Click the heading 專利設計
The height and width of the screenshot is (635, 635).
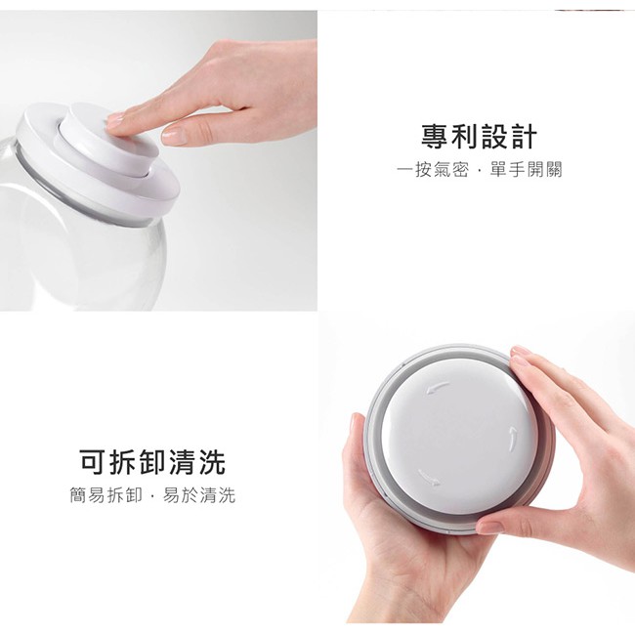coord(479,137)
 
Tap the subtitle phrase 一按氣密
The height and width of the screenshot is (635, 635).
coord(433,170)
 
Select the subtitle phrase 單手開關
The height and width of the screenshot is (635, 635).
coord(526,170)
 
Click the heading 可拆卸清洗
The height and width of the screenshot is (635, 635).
coord(152,462)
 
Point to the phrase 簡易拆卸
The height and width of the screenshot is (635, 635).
coord(106,495)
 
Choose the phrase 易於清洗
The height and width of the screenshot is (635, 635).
coord(199,495)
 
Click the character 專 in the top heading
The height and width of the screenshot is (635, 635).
coord(435,137)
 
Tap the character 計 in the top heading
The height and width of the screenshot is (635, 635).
coord(524,137)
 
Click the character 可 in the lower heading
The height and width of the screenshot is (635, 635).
coord(93,462)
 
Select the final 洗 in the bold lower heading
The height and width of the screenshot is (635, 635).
coord(212,462)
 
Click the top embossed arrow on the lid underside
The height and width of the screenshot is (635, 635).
coord(438,388)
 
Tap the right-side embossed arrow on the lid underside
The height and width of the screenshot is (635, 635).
coord(513,439)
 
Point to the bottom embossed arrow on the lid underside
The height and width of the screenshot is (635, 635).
coord(429,477)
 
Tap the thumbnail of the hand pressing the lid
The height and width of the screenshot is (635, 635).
coord(158,161)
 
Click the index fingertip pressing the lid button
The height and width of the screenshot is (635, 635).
coord(115,121)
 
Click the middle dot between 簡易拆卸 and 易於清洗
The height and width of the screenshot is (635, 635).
coord(152,495)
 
